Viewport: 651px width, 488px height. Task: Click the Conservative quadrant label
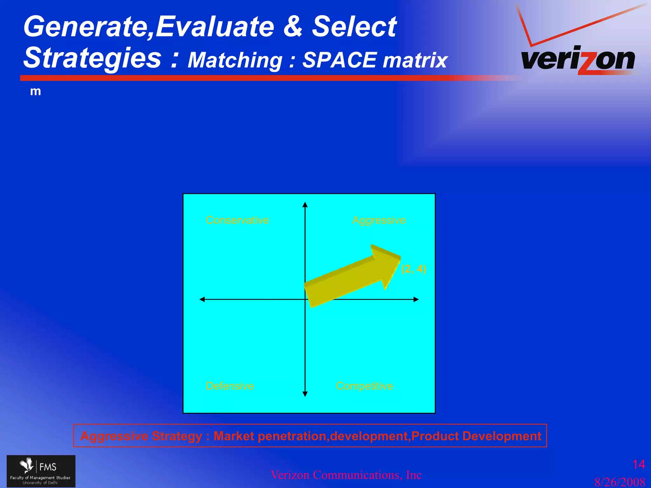click(x=237, y=220)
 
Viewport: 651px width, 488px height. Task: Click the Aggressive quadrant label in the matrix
click(x=379, y=220)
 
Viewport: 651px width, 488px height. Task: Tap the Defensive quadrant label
click(x=230, y=386)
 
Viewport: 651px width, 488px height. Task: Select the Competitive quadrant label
click(x=364, y=386)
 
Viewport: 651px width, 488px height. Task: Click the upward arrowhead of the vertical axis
click(x=305, y=205)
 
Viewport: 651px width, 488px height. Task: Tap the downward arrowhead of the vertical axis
click(x=305, y=394)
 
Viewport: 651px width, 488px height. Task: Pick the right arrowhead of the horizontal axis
click(x=416, y=299)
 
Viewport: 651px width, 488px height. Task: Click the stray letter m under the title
click(x=35, y=91)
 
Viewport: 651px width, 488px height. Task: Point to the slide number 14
click(x=638, y=464)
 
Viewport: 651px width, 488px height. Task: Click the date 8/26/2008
click(x=620, y=482)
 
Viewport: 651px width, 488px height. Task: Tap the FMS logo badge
click(x=41, y=471)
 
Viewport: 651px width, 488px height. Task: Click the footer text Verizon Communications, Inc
click(x=346, y=475)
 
